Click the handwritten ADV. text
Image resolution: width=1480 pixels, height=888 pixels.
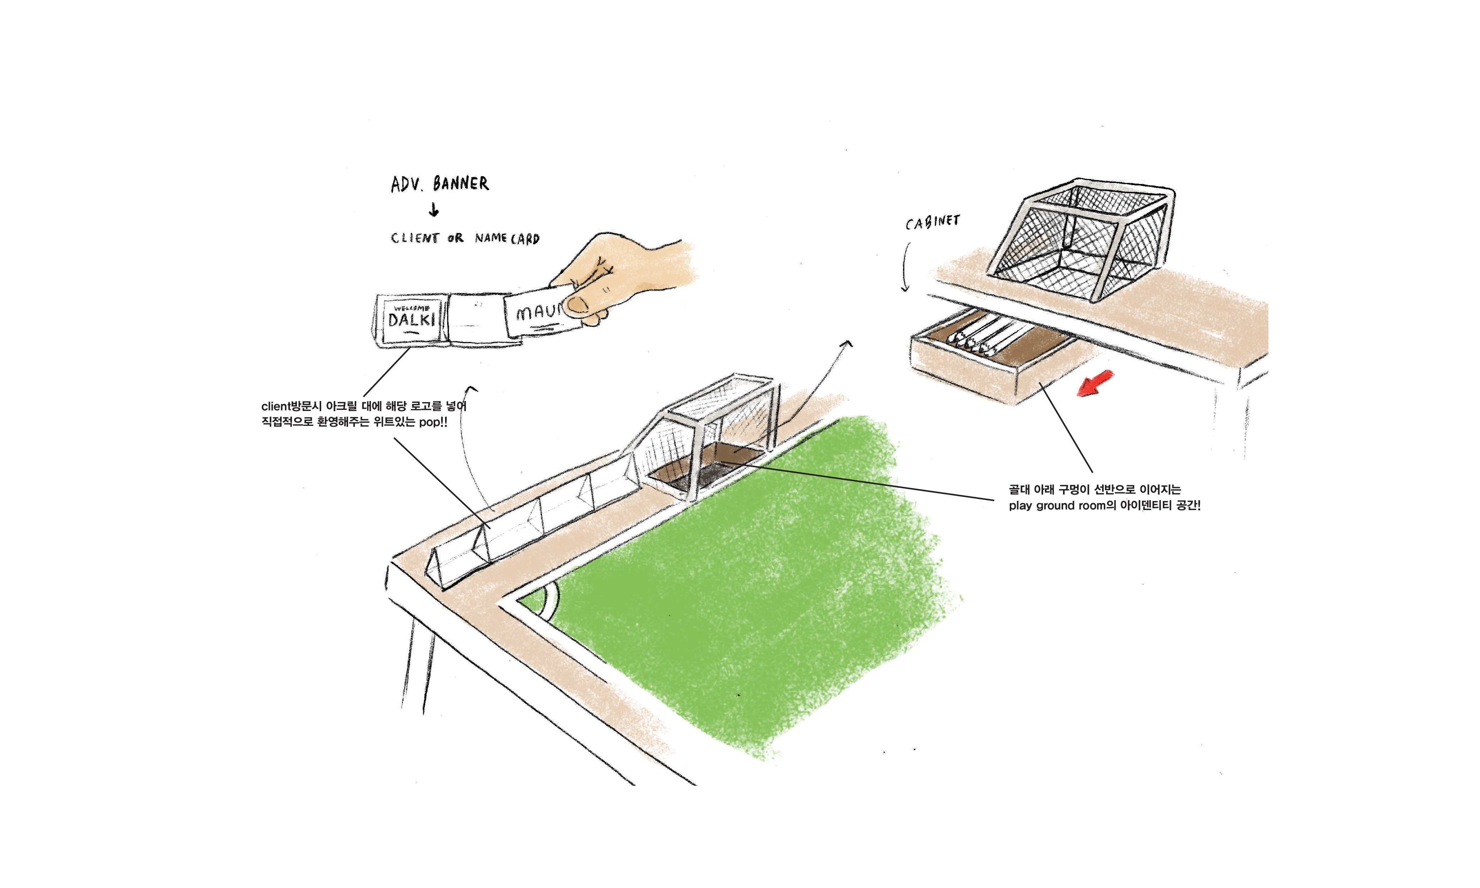click(406, 184)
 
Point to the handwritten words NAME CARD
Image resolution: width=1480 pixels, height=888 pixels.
click(507, 238)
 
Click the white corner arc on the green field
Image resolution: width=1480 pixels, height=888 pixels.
click(551, 604)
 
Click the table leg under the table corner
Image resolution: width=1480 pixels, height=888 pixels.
click(419, 664)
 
